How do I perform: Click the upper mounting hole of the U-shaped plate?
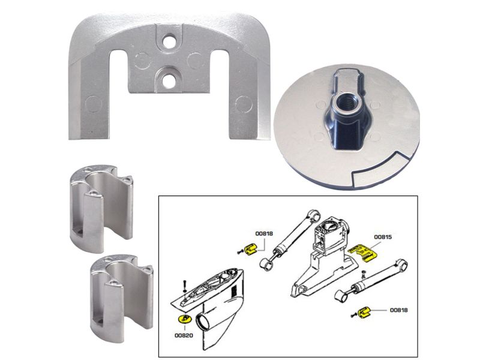tap(169, 41)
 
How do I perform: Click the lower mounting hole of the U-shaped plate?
tap(169, 81)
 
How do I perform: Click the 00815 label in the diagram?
tap(383, 237)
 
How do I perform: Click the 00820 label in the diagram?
tap(184, 335)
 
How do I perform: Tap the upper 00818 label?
tap(264, 233)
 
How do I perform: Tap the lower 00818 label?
tap(398, 310)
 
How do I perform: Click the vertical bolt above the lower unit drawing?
tap(184, 286)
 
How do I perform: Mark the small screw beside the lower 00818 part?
tap(354, 314)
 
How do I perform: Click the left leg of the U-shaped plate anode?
tap(89, 98)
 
